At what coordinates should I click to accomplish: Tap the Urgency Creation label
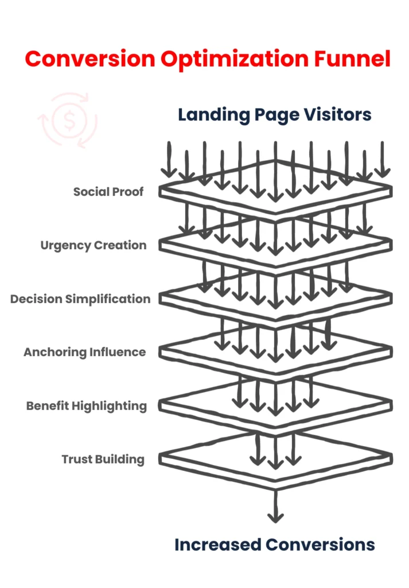[93, 245]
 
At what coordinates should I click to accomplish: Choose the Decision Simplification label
[80, 299]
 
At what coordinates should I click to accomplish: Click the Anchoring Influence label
[84, 352]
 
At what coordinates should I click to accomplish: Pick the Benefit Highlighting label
[86, 406]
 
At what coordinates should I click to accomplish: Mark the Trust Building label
[103, 459]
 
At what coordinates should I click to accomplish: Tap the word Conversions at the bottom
[325, 544]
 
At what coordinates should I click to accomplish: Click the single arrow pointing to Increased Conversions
[275, 505]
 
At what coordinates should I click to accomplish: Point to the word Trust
[75, 459]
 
